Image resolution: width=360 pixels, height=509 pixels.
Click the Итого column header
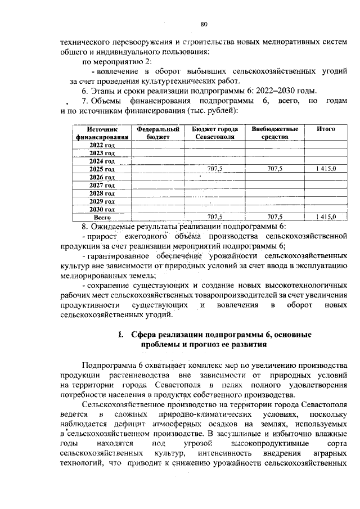[325, 129]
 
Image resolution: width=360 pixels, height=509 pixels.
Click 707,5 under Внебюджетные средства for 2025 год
[274, 169]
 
